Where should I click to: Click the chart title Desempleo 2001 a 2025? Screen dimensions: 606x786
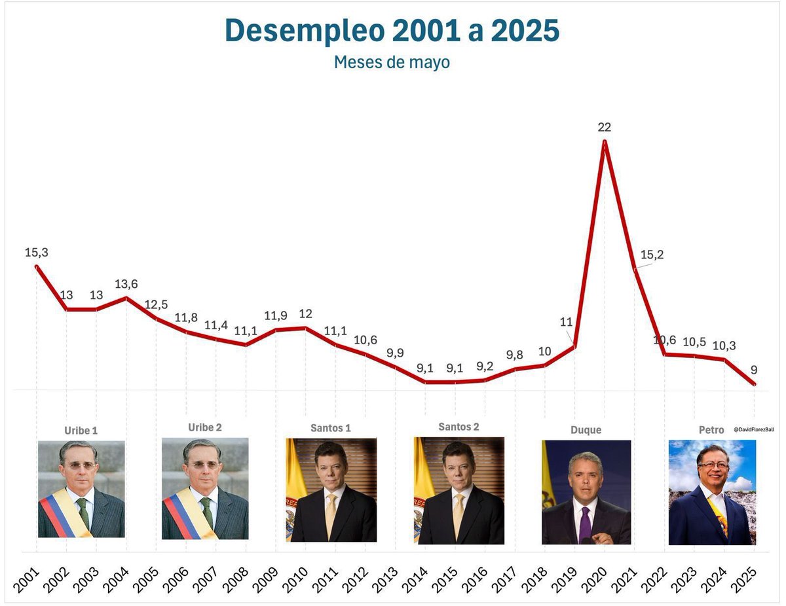tap(392, 31)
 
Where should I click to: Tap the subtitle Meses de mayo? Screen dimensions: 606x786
tap(392, 62)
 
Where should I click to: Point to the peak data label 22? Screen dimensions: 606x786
tap(604, 127)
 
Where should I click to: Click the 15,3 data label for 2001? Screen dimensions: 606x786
tap(37, 252)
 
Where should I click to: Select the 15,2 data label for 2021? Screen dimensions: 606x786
tap(652, 255)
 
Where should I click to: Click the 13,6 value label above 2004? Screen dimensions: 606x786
tap(126, 284)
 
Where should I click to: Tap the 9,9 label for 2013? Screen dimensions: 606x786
tap(395, 353)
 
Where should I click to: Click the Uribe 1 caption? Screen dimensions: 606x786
tap(81, 431)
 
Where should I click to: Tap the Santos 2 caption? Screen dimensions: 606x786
tap(458, 427)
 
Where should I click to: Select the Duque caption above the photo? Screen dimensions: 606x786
tap(586, 430)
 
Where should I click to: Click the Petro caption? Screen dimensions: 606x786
tap(711, 430)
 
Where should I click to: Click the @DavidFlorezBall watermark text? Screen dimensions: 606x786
tap(754, 429)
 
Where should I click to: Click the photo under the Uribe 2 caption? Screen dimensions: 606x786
tap(205, 488)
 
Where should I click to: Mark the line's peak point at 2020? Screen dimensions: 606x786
tap(605, 141)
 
